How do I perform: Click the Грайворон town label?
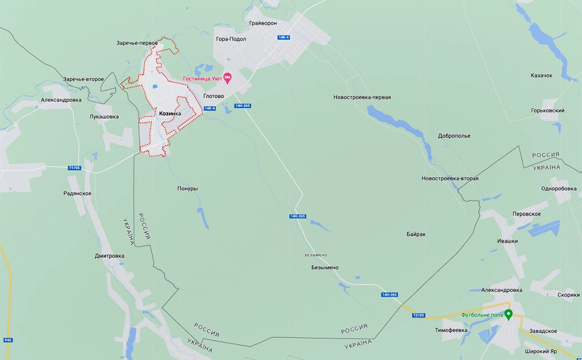coord(263,23)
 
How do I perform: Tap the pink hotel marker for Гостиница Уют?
coord(227,78)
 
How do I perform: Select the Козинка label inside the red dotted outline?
coord(170,114)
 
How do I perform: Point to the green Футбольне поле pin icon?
coord(509,314)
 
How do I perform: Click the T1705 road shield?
coord(74,168)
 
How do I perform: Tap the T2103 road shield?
coord(418,315)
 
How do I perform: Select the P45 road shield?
coord(7,340)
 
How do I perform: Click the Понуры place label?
coord(187,188)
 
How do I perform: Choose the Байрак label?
coord(416,234)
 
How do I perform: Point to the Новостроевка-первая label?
coord(362,97)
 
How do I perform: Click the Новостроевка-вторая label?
coord(450,179)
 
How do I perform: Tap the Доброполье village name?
coord(454,136)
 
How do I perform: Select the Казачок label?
coord(541,75)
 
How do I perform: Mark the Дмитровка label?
coord(109,256)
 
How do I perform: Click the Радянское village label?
coord(77,194)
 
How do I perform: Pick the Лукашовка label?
coord(104,117)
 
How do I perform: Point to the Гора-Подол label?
coord(231,39)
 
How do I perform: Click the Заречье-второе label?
coord(83,79)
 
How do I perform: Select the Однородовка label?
coord(558,188)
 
